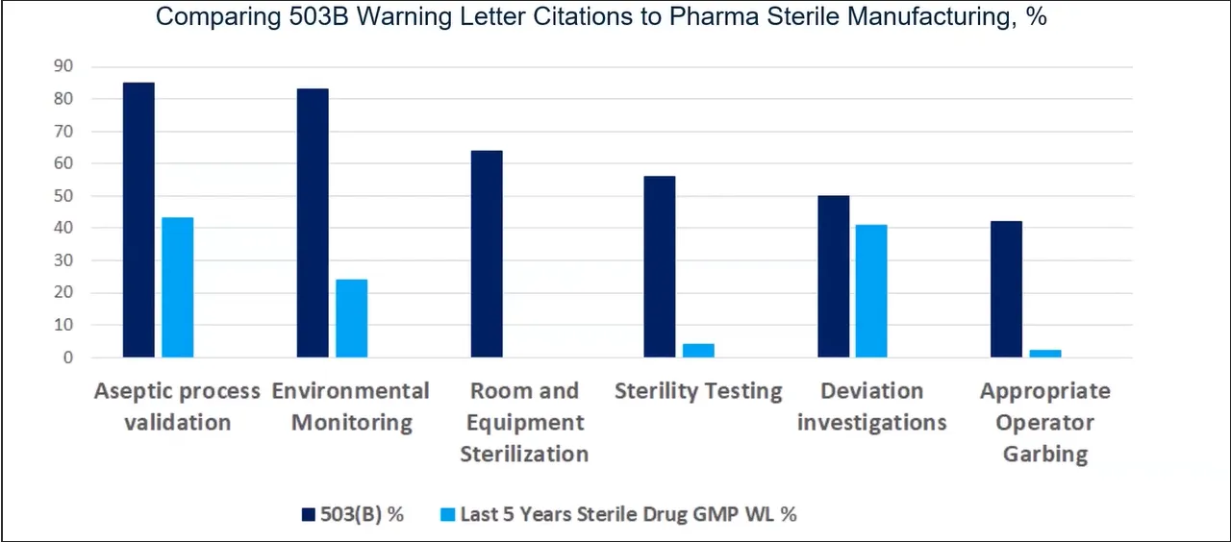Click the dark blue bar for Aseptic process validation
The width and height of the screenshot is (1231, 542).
138,220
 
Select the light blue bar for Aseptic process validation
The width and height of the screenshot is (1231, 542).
177,287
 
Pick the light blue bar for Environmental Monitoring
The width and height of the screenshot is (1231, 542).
351,318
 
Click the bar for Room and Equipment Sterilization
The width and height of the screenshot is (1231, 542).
486,254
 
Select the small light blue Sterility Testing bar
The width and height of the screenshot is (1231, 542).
698,351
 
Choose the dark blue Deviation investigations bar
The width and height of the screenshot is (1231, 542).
833,277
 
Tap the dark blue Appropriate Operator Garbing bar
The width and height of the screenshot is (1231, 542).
1006,289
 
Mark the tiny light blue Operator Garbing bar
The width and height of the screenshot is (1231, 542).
1045,354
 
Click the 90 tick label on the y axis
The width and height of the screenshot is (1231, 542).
64,66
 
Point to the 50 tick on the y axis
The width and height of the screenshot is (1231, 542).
64,196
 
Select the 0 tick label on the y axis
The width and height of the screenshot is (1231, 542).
68,357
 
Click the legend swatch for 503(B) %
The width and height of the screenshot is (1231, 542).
308,515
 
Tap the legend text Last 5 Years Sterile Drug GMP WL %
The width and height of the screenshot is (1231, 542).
629,514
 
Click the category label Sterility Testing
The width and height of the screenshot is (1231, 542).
698,391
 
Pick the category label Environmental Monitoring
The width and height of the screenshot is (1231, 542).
351,406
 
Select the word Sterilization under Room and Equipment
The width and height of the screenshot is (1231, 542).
524,454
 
